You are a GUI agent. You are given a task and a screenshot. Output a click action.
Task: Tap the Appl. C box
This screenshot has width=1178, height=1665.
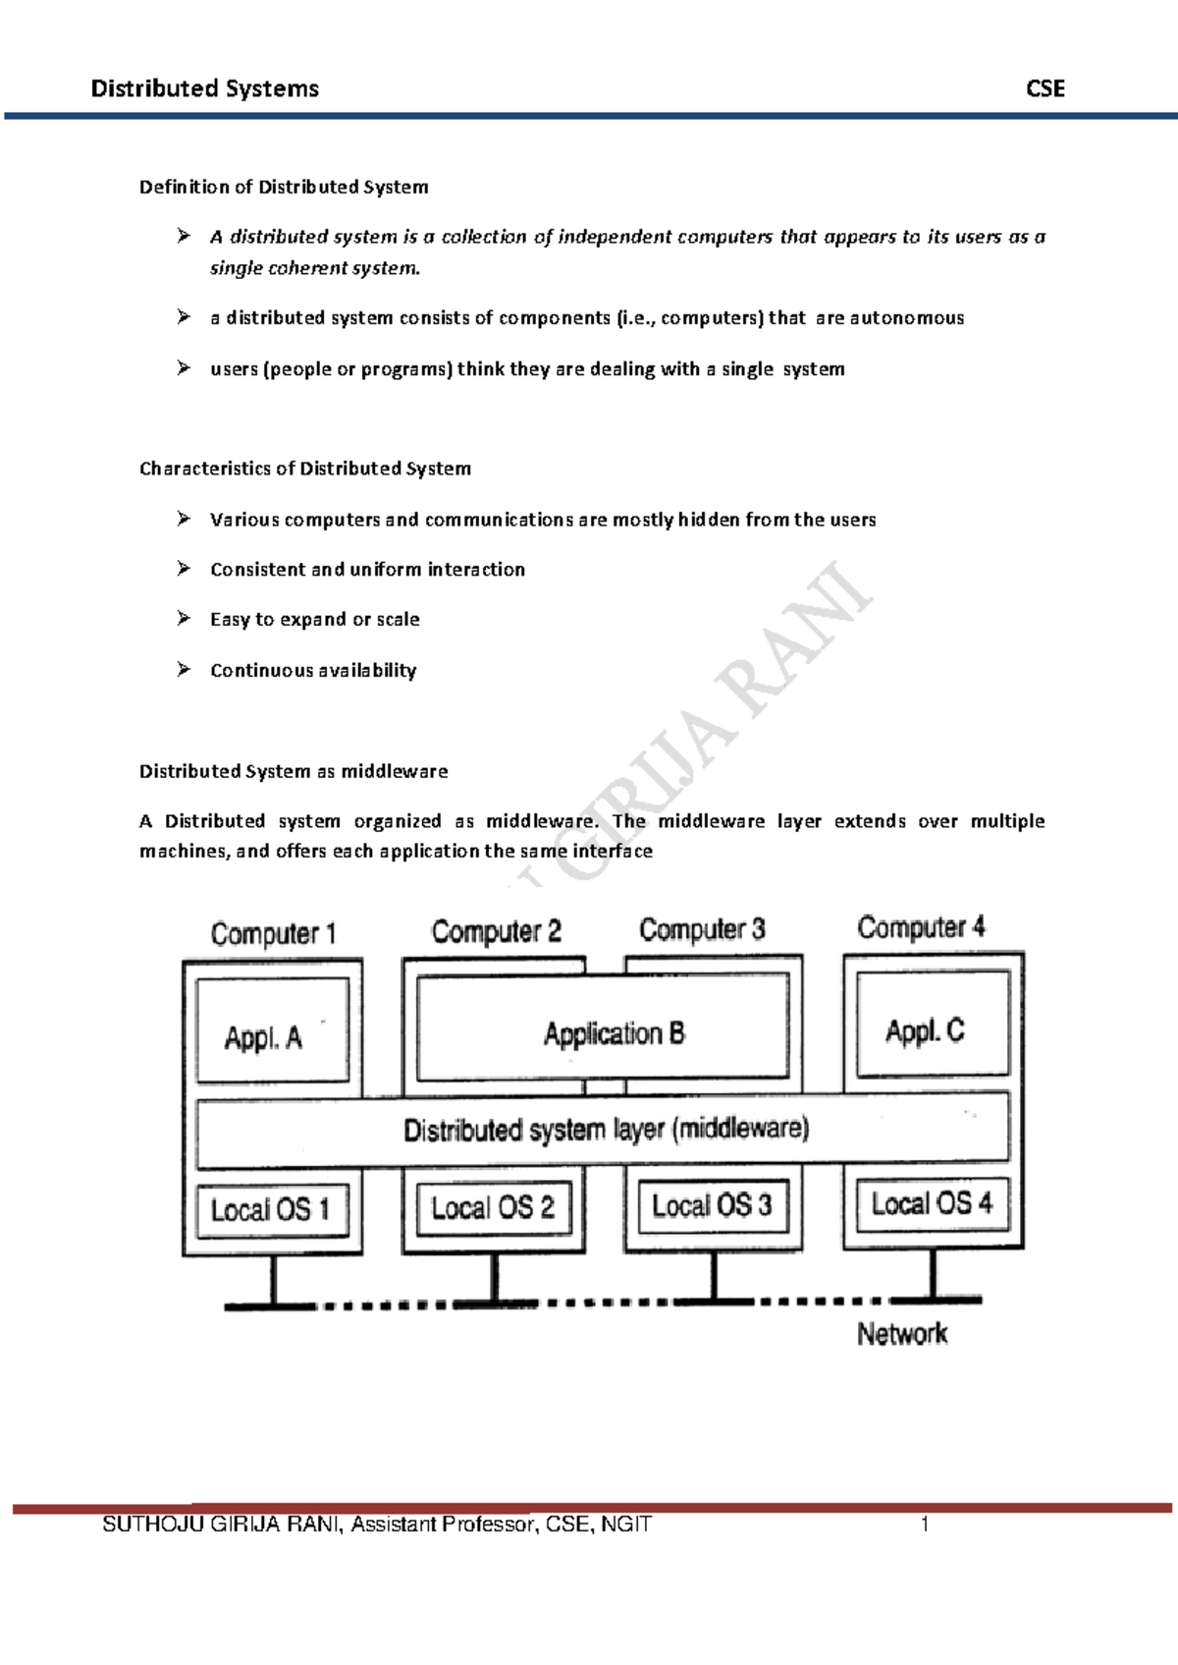(x=932, y=1025)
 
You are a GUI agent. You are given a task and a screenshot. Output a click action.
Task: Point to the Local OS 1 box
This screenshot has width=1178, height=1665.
(x=272, y=1209)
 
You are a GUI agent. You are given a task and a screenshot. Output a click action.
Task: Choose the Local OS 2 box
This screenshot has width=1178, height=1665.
(x=493, y=1206)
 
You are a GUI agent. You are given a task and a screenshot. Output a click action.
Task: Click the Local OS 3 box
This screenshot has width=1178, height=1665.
(x=713, y=1205)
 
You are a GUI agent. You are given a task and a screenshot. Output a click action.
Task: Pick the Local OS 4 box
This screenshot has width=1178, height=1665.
(x=932, y=1203)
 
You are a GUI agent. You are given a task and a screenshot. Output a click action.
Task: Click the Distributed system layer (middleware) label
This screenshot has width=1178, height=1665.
(x=606, y=1130)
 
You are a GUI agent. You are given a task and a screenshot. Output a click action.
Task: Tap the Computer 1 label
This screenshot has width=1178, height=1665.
(x=273, y=933)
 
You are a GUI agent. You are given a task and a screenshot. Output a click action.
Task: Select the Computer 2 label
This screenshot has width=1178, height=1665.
(x=496, y=931)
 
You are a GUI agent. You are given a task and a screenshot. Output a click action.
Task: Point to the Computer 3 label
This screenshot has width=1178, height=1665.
(x=702, y=929)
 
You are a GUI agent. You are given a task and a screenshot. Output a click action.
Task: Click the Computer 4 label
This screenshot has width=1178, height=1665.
(x=921, y=927)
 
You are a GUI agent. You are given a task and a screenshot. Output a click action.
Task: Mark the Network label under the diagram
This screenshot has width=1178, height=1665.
(x=901, y=1334)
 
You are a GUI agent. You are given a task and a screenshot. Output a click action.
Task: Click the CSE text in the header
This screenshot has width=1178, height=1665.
(x=1044, y=89)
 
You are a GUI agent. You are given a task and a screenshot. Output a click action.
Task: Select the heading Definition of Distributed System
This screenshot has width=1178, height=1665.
(x=284, y=187)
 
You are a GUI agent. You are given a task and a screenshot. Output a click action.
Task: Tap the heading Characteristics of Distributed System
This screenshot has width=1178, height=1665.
(x=305, y=469)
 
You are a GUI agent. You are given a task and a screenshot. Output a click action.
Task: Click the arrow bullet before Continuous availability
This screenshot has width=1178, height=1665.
(x=184, y=670)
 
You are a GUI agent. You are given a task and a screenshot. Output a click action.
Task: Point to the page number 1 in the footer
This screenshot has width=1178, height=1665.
(x=923, y=1525)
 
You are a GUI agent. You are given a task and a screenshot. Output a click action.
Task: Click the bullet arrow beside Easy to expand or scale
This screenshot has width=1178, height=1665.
(x=184, y=619)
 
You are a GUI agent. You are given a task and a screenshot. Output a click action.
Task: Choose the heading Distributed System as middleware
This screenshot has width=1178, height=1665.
(x=294, y=771)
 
